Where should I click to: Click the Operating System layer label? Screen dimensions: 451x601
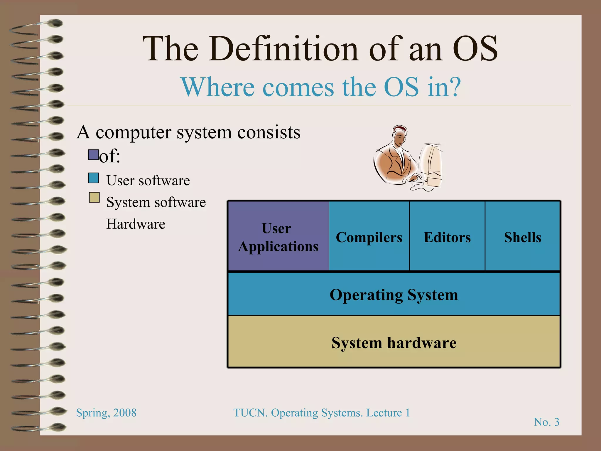click(394, 295)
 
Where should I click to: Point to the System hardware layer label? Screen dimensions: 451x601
click(394, 342)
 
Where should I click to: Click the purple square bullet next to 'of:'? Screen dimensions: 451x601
click(93, 155)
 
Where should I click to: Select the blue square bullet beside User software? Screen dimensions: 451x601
click(94, 178)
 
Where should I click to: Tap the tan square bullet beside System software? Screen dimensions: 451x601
click(94, 198)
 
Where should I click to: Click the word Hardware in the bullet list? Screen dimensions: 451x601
click(136, 224)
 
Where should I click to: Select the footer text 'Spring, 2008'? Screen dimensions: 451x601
click(106, 413)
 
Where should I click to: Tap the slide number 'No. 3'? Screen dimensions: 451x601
click(546, 422)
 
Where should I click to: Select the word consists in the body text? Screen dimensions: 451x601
click(269, 132)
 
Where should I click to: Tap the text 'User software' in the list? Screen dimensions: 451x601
click(148, 180)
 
